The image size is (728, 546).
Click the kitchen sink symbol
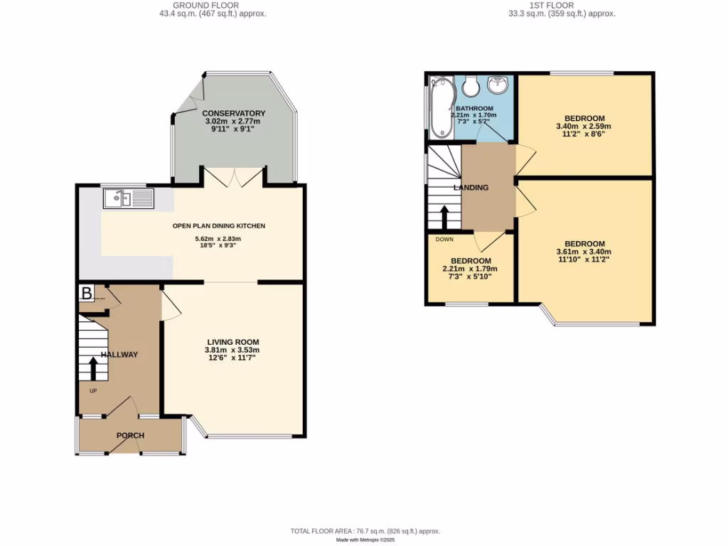click(x=128, y=198)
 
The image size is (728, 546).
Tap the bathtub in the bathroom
click(x=441, y=107)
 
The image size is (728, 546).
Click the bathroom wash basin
click(x=498, y=85)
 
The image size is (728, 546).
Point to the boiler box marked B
click(x=87, y=293)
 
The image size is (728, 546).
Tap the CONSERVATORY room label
click(x=233, y=113)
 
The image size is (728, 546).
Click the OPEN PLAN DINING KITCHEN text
click(x=219, y=226)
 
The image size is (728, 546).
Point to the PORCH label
click(x=130, y=435)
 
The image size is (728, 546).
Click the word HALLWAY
click(x=119, y=354)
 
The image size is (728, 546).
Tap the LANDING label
click(x=471, y=188)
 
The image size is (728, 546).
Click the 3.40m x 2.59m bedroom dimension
click(x=584, y=127)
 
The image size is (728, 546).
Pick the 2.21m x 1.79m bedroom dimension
click(x=470, y=269)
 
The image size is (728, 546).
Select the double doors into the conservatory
click(x=234, y=177)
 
